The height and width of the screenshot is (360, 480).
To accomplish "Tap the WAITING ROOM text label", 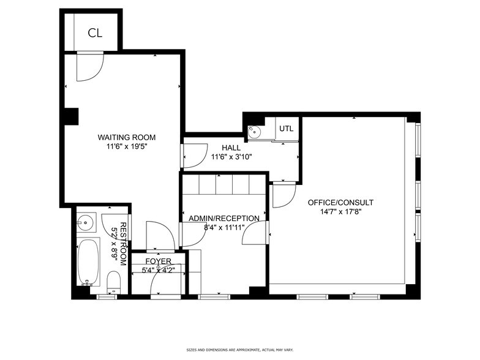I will [x=127, y=137].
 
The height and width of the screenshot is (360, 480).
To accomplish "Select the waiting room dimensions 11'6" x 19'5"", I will [x=127, y=147].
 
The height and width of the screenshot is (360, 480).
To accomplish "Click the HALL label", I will [x=231, y=148].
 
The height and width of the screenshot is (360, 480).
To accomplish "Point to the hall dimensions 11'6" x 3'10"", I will [x=231, y=157].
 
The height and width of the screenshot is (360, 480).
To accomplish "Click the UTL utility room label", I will [x=287, y=129].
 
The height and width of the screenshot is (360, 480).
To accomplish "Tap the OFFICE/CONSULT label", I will [x=340, y=203].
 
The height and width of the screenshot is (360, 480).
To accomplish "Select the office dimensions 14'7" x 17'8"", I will [x=340, y=213].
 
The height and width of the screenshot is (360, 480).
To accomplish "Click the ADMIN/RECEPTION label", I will [x=224, y=219].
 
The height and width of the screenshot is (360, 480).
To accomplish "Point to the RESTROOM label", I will [x=122, y=244].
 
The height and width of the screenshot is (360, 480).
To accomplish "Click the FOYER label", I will [x=157, y=261].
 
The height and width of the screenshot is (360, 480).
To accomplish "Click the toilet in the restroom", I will [x=113, y=282].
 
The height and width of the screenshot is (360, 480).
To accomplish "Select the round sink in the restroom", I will [x=86, y=222].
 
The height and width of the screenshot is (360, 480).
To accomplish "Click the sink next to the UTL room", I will [x=253, y=130].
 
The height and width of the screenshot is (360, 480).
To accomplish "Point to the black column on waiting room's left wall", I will [x=72, y=116].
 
